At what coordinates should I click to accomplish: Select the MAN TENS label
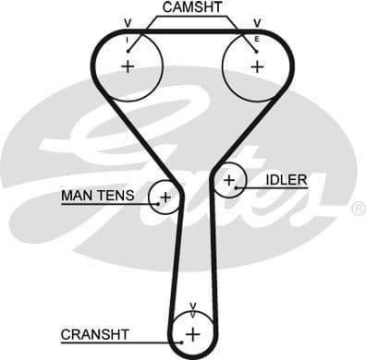click(97, 196)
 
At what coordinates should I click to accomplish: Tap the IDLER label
click(286, 179)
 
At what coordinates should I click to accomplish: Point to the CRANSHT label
click(95, 333)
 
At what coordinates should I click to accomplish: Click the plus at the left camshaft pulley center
click(128, 66)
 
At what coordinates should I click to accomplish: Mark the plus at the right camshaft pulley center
click(256, 66)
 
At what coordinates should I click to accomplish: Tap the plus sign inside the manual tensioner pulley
click(165, 197)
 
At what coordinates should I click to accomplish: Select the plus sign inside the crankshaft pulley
click(192, 333)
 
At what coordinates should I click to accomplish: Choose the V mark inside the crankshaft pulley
click(192, 306)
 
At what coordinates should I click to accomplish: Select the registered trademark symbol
click(358, 210)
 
